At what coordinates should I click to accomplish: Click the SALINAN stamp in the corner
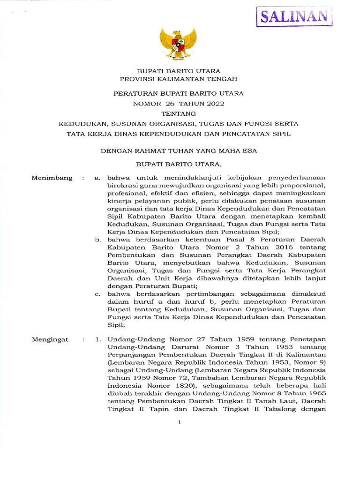pos(294,17)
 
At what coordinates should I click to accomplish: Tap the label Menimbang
pos(52,178)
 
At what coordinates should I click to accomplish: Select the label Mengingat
pos(50,339)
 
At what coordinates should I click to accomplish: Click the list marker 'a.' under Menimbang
pos(98,178)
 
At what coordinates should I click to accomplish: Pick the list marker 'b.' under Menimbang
pos(98,240)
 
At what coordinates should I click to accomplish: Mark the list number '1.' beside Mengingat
pos(98,339)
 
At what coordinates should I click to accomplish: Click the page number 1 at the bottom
pos(179,422)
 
